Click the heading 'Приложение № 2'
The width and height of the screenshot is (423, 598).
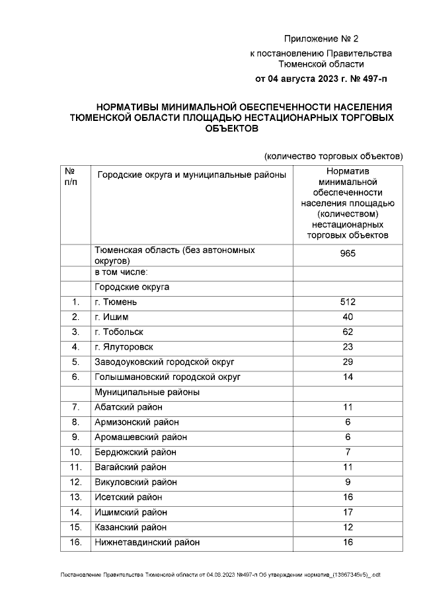[321, 39]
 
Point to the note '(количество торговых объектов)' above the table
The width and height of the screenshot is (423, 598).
[333, 157]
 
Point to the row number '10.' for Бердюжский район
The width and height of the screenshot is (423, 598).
[75, 452]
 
